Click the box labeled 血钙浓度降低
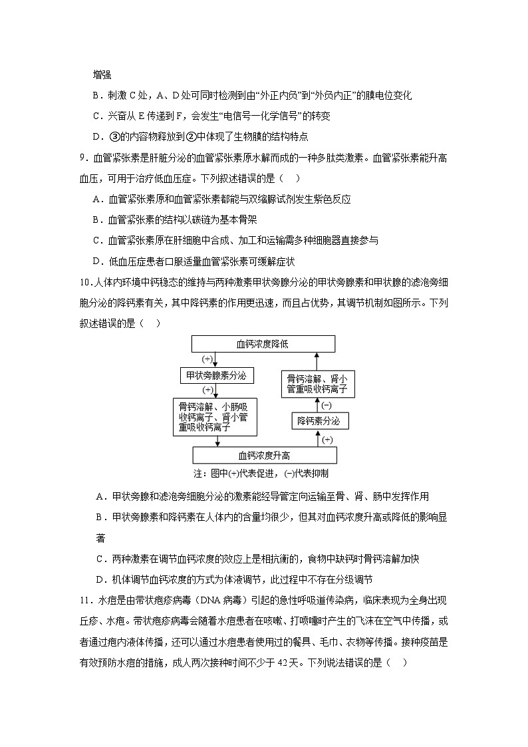(x=263, y=344)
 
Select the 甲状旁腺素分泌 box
(x=215, y=376)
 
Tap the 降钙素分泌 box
(x=318, y=421)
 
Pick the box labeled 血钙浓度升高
(x=264, y=455)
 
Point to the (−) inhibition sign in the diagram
(x=326, y=405)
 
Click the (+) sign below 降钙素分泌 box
(x=327, y=440)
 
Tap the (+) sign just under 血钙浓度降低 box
(x=207, y=359)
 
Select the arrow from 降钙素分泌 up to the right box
(x=317, y=405)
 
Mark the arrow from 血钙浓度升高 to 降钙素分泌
(x=317, y=438)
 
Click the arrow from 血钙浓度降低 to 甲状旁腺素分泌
(x=215, y=360)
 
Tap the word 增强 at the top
(x=102, y=75)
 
